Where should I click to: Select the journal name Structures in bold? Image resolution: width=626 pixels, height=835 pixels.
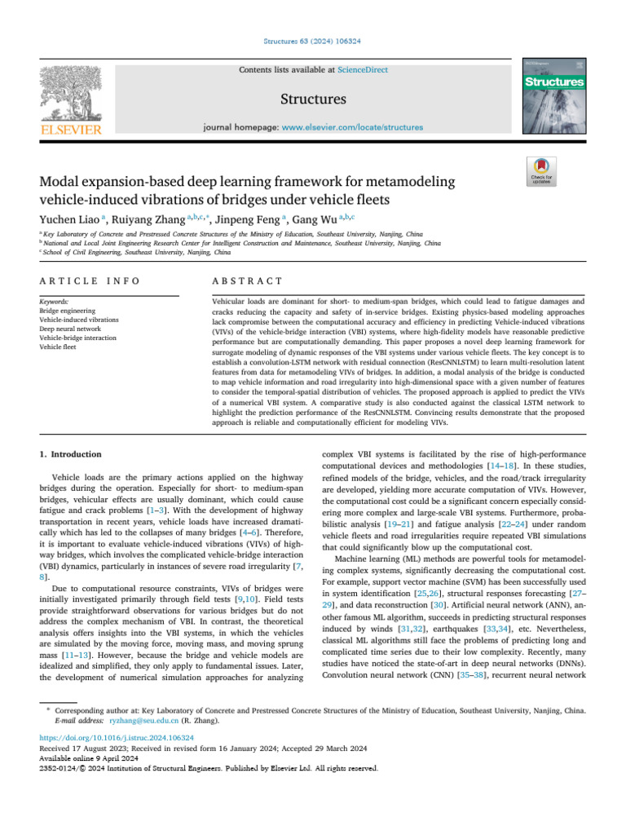click(x=314, y=99)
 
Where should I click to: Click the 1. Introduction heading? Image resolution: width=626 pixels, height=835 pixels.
click(x=71, y=454)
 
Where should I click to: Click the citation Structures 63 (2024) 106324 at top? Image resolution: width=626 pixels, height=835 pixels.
click(x=312, y=40)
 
